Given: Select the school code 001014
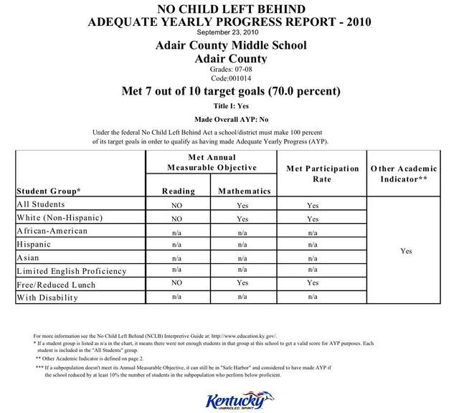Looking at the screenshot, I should (x=230, y=77).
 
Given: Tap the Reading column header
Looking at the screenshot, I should (x=179, y=191).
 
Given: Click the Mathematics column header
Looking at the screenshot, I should (x=245, y=191).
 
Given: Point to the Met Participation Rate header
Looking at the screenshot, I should (x=322, y=173).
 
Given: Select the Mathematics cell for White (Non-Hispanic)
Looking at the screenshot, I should (x=242, y=218).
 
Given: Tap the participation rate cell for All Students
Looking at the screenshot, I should (x=313, y=205).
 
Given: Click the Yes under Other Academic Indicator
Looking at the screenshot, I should (x=407, y=251).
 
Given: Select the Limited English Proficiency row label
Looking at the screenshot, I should (x=71, y=271).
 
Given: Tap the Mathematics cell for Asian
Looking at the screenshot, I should (x=242, y=257).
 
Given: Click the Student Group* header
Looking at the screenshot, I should (x=48, y=191).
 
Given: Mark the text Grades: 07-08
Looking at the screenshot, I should (x=230, y=69).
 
